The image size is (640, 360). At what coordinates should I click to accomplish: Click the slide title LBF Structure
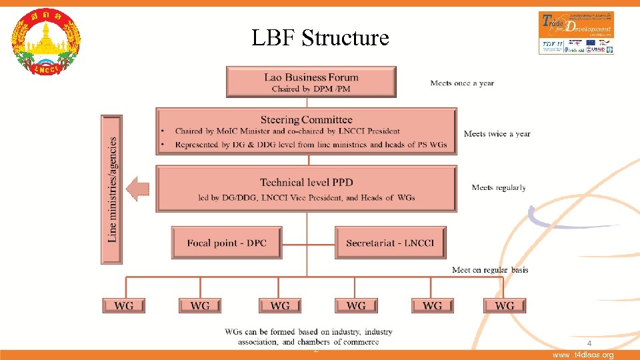point(320,38)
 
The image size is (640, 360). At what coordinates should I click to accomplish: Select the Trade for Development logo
point(576,32)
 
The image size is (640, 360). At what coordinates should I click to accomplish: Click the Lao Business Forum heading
point(311,77)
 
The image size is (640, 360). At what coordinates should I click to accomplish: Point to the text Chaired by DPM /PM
point(311,89)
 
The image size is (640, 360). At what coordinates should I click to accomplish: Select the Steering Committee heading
point(307,120)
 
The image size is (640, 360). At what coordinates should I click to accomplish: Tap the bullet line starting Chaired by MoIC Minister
point(287,131)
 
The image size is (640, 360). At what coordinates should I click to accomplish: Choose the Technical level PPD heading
point(307,182)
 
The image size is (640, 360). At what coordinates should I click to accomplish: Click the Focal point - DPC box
point(227,243)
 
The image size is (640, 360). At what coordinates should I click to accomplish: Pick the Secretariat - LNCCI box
point(390,243)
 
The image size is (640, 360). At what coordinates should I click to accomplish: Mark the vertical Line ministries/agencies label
point(112,189)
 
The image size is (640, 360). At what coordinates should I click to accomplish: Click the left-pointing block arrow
point(138,189)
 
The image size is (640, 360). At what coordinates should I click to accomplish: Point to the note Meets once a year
point(462,83)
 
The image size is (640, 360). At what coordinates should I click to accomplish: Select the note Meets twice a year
point(497,134)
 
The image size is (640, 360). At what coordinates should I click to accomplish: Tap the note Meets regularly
point(499,188)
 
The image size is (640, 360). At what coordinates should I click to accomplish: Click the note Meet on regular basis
point(490,270)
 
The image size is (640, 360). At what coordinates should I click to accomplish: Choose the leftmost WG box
point(124,305)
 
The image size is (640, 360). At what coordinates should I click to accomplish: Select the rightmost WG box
point(505,305)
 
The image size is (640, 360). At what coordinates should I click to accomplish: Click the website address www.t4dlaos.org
point(583,355)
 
